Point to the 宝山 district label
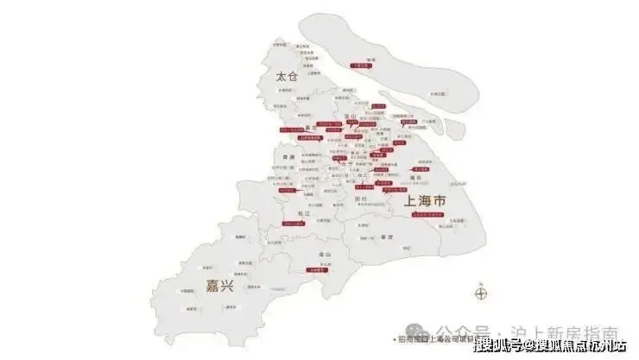pyautogui.click(x=351, y=116)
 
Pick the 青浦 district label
pyautogui.click(x=289, y=157)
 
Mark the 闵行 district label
pyautogui.click(x=361, y=198)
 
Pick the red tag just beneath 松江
pyautogui.click(x=294, y=223)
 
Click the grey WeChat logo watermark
pyautogui.click(x=416, y=332)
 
